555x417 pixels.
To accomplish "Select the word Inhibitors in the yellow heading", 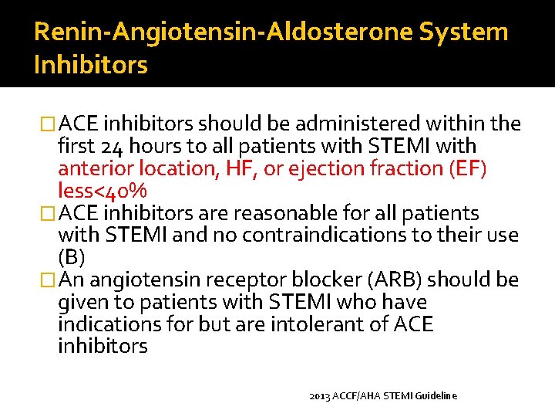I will coord(90,65).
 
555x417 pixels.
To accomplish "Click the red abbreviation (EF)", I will coord(463,169).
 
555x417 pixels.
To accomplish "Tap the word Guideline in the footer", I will coord(436,395).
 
